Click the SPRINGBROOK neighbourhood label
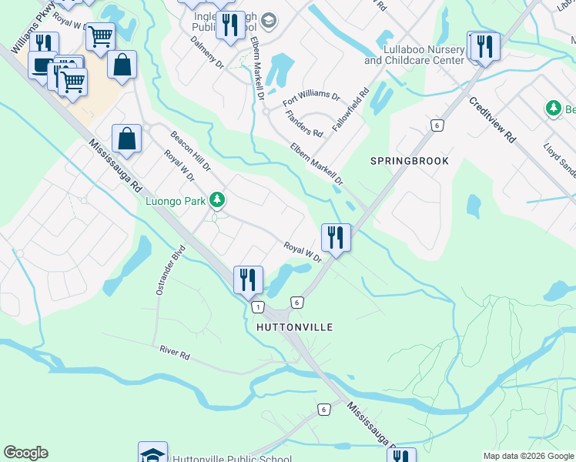click(x=409, y=161)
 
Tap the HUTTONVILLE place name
click(x=294, y=327)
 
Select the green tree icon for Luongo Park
click(x=218, y=201)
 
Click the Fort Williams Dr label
click(x=311, y=98)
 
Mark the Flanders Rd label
click(x=303, y=123)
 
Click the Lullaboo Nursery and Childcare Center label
click(x=414, y=55)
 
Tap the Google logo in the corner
click(x=25, y=453)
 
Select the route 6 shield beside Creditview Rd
click(x=436, y=125)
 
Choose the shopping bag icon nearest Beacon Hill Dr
click(x=127, y=139)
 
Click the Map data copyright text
click(x=527, y=456)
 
